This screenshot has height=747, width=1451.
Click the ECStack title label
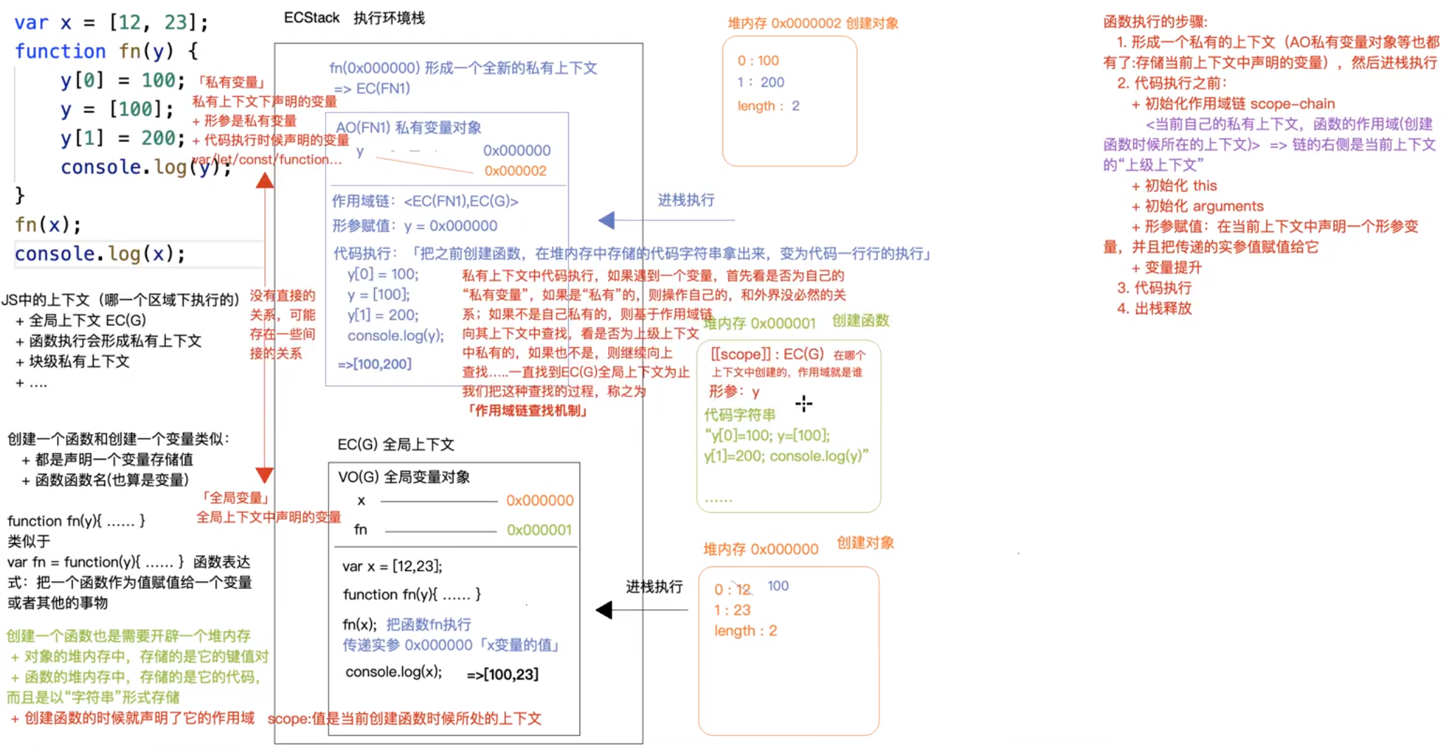click(311, 18)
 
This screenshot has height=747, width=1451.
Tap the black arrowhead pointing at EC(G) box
click(604, 610)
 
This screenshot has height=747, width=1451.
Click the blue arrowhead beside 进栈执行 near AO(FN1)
click(607, 221)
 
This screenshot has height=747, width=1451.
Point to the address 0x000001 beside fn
click(539, 530)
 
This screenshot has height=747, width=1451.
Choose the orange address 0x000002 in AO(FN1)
click(515, 171)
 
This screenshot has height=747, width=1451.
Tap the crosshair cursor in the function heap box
click(804, 403)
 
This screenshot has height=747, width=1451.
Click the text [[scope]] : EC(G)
click(767, 354)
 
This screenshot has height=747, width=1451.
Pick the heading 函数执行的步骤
click(1155, 22)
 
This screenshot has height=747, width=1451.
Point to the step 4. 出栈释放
click(1154, 308)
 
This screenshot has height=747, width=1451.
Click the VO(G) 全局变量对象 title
click(404, 477)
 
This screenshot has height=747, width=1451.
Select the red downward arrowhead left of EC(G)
click(264, 476)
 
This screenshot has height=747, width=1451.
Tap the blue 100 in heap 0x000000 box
click(778, 586)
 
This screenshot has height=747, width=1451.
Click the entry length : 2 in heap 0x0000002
click(768, 106)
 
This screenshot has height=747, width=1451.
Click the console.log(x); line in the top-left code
click(100, 254)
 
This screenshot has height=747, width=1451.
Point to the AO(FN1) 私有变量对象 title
click(408, 128)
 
